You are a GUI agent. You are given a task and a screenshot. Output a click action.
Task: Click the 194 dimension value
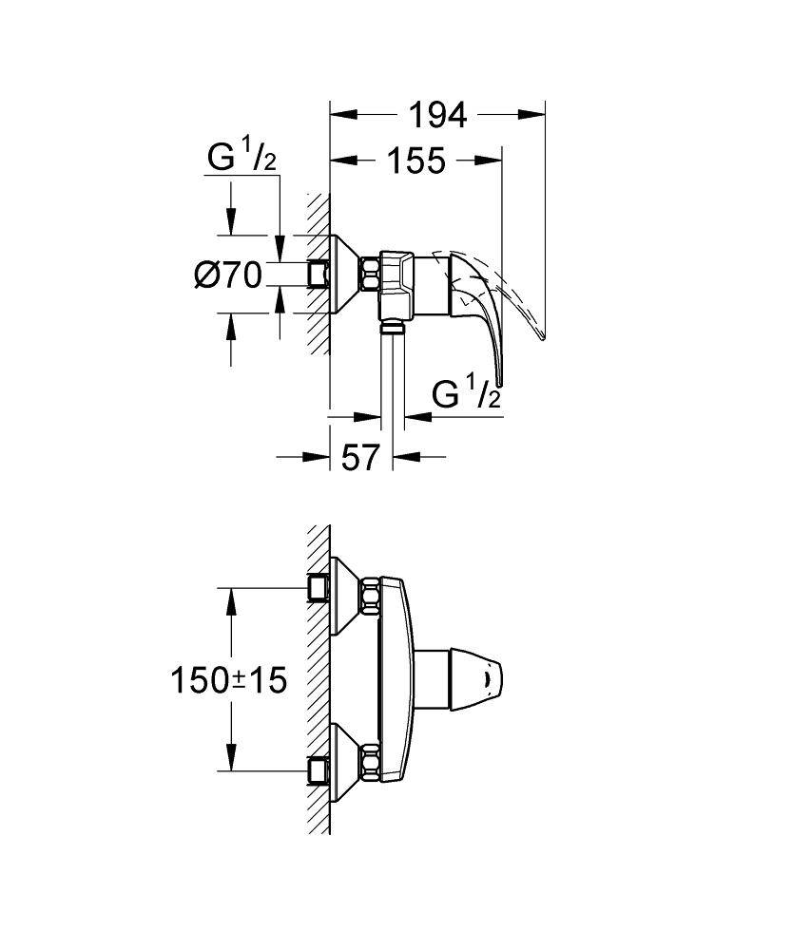pos(437,115)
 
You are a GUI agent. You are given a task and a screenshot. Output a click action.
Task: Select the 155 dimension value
pos(415,161)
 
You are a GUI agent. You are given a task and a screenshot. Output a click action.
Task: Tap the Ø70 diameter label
pos(228,275)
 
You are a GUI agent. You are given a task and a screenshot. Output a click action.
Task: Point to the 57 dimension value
pos(360,457)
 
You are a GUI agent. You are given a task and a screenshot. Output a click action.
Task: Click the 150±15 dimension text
pos(228,680)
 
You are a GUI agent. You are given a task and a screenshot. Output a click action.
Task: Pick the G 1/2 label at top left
pos(242,158)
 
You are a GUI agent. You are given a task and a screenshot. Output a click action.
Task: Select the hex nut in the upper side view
pos(369,275)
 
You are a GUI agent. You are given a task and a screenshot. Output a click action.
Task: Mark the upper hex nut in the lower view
pos(369,598)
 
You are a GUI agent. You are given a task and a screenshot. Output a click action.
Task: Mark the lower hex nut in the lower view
pos(369,762)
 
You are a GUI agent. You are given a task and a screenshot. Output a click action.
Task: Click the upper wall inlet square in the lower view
pos(318,589)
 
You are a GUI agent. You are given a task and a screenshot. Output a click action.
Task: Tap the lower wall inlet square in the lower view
pos(318,770)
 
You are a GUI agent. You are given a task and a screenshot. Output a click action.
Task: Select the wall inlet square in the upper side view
pos(318,275)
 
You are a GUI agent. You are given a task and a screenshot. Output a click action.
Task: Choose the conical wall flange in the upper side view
pos(344,275)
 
